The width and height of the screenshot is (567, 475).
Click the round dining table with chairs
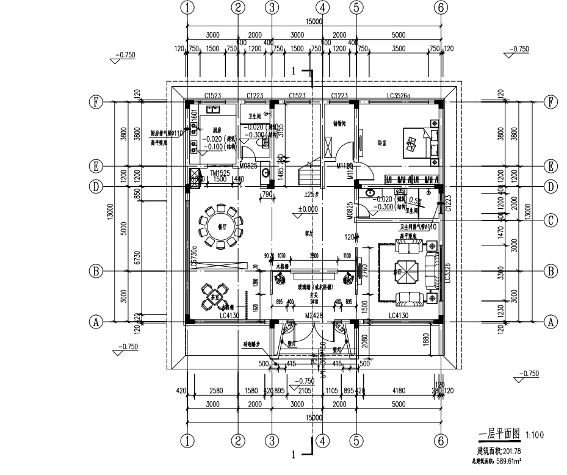click(x=216, y=227)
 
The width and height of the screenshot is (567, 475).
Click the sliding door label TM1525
click(x=220, y=174)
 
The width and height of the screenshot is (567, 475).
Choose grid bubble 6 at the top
click(x=441, y=7)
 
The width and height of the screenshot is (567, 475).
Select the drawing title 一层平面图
click(x=499, y=434)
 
